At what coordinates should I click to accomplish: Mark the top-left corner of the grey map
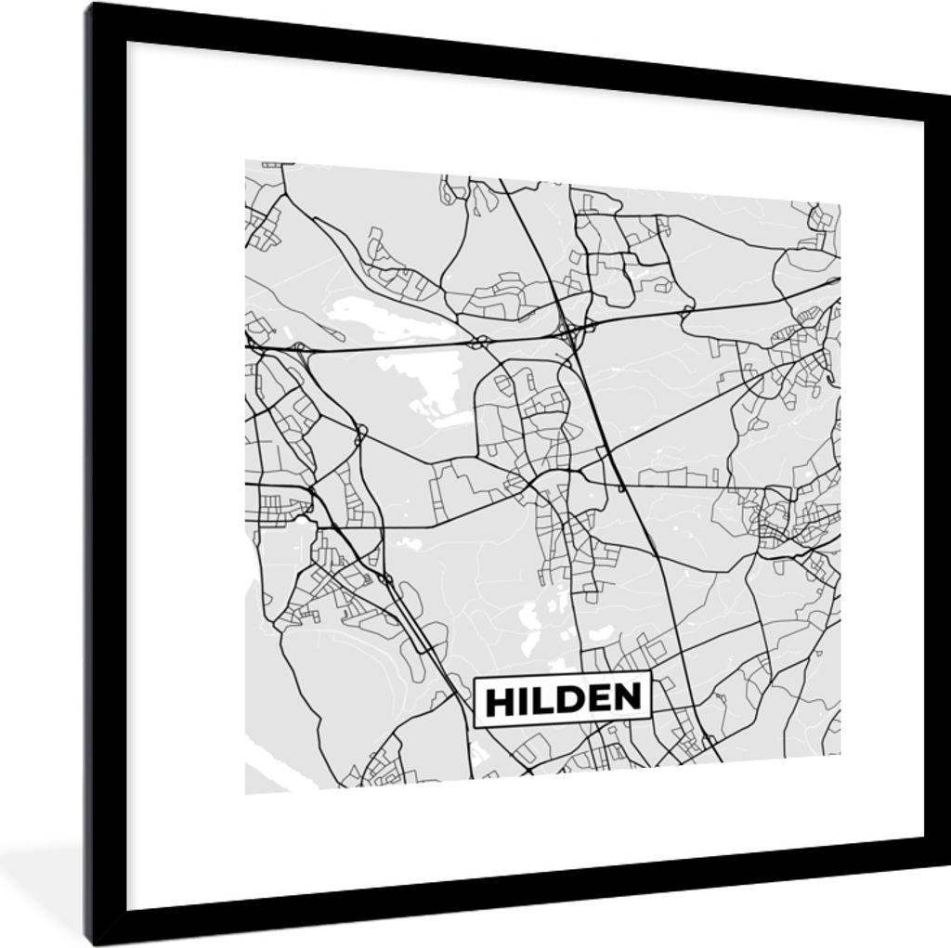tap(246, 161)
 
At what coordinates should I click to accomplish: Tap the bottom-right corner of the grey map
tap(840, 757)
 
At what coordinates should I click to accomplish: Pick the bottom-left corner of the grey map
tap(246, 793)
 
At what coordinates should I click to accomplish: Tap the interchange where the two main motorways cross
tap(569, 328)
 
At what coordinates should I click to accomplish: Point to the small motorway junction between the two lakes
tap(480, 343)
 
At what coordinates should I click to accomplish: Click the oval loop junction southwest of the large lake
tap(360, 433)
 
